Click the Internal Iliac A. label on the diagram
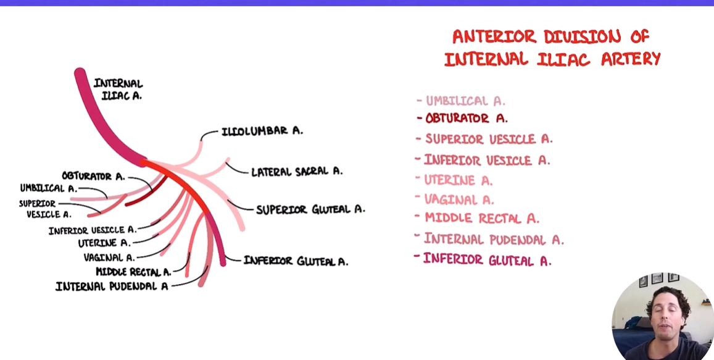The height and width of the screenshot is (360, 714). (118, 89)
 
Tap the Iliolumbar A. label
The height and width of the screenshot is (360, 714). (262, 131)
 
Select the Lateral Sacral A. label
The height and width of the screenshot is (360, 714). (296, 171)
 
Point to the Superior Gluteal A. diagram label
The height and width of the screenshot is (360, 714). (310, 209)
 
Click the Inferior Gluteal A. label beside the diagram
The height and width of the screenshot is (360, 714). (296, 261)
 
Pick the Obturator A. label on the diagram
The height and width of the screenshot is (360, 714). (93, 177)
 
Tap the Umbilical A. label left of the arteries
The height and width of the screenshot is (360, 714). (48, 188)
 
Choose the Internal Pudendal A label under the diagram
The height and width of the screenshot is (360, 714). (112, 287)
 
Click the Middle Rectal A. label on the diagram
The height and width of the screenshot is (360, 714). (133, 272)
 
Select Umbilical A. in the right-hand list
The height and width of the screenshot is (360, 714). (465, 101)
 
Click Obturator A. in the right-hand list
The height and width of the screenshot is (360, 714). (467, 118)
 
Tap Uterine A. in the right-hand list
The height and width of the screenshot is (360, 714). (458, 180)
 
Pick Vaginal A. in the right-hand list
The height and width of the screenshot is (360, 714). (459, 199)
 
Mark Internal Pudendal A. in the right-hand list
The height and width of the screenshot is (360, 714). (494, 240)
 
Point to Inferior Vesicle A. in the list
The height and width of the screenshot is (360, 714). (487, 161)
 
